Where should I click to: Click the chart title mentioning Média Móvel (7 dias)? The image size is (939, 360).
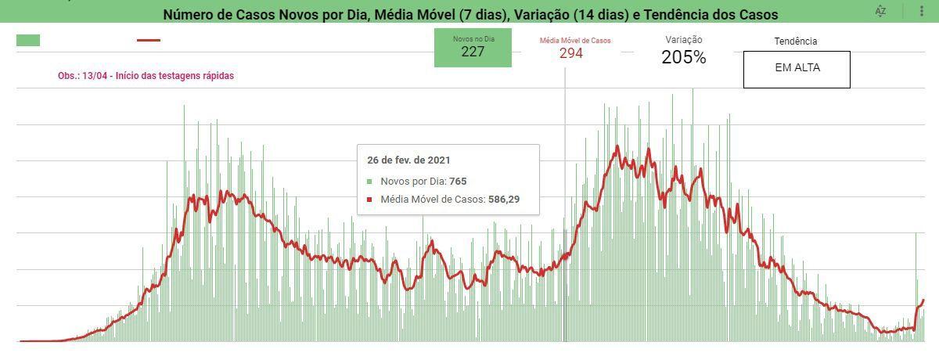(x=470, y=15)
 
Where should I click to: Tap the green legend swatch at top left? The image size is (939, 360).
(x=28, y=40)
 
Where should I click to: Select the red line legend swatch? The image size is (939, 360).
(x=149, y=40)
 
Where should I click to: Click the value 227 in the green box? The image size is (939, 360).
(x=473, y=52)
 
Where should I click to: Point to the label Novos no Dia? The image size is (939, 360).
(x=473, y=39)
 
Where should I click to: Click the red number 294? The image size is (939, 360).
(x=571, y=53)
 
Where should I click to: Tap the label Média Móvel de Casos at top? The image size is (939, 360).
(x=575, y=41)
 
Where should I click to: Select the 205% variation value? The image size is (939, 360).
(x=684, y=57)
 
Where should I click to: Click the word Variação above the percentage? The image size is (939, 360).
(x=684, y=40)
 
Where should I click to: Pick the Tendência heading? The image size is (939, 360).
(x=796, y=41)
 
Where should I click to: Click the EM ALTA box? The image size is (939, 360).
(x=797, y=70)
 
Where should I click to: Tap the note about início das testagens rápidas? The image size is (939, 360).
(x=146, y=76)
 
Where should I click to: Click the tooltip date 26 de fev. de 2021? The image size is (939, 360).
(x=408, y=160)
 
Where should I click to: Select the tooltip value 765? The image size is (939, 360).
(x=458, y=182)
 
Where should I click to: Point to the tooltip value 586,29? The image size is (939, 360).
(x=504, y=200)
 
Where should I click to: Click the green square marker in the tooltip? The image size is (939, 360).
(x=369, y=182)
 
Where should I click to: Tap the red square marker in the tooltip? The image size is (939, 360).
(x=369, y=200)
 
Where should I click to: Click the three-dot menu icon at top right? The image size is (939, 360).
(x=922, y=11)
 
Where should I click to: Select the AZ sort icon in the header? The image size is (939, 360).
(x=881, y=11)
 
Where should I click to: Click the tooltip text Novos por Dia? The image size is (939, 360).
(x=413, y=182)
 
